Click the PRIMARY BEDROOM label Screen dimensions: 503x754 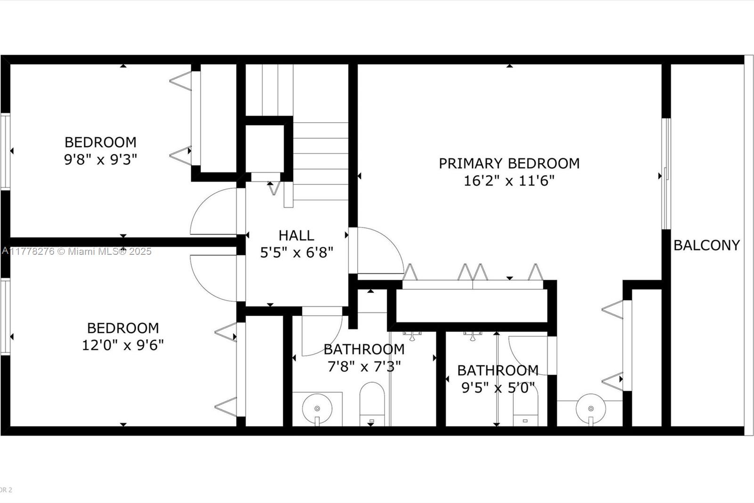(509, 163)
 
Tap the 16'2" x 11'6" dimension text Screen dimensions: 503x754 (509, 181)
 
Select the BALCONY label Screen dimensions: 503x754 (706, 245)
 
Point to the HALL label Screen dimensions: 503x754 (296, 235)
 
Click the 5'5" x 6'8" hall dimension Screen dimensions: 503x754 (296, 252)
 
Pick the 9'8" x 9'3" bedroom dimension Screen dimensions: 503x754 (100, 159)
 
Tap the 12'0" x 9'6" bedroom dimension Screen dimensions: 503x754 (123, 345)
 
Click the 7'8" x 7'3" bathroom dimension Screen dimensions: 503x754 (364, 366)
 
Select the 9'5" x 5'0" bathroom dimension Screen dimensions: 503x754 (498, 387)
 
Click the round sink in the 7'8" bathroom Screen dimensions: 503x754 (317, 408)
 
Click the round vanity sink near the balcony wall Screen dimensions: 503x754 (590, 408)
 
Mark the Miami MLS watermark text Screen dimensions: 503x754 (77, 251)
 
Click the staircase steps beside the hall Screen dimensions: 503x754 (320, 160)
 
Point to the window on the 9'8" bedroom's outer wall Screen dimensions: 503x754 (5, 151)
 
